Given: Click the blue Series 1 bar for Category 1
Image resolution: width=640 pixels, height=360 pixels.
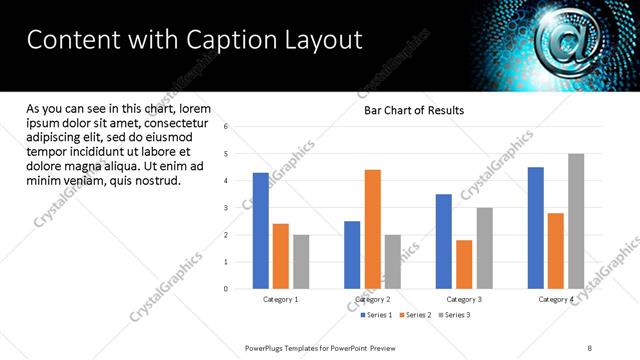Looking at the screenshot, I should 261,231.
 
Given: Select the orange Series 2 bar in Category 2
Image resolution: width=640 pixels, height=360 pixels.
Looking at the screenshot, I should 373,229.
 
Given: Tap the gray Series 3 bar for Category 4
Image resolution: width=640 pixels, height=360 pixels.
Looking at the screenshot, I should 576,221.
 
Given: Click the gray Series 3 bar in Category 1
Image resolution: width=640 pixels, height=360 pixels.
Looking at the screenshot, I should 301,262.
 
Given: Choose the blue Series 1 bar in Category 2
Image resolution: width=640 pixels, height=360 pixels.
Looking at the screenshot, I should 352,255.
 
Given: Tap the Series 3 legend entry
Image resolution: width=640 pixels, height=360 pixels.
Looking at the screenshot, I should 455,315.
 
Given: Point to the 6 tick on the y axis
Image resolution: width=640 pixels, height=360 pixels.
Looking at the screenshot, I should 227,127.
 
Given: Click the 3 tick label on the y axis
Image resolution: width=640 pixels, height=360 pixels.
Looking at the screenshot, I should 227,208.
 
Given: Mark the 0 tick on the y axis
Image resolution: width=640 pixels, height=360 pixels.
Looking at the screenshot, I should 227,289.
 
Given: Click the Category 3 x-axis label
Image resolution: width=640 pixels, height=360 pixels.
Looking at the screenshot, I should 464,299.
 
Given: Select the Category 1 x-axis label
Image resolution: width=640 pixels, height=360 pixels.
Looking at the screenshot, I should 281,299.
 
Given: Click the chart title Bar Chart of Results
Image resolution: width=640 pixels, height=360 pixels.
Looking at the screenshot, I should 413,110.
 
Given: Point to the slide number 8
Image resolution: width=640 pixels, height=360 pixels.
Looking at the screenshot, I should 590,347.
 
